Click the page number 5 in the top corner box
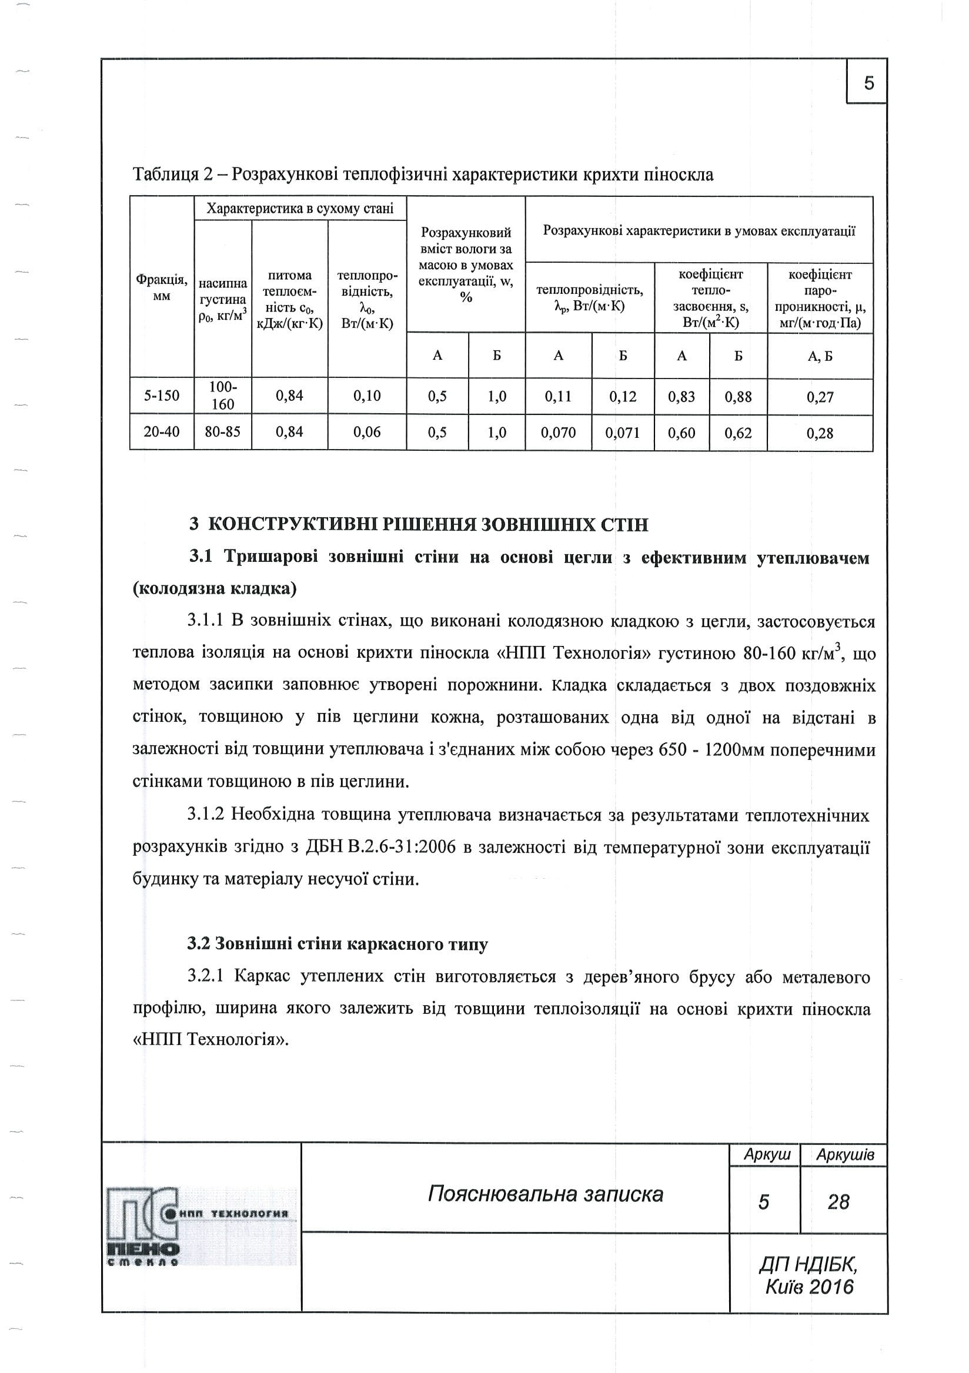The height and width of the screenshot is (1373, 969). click(868, 82)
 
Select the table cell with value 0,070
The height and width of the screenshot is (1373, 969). click(558, 433)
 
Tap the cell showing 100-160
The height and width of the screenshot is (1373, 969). click(222, 396)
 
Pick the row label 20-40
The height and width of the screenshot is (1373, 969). click(162, 432)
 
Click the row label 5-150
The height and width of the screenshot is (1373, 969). click(162, 396)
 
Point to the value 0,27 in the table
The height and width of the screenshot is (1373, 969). click(820, 397)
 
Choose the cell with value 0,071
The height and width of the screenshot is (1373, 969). click(622, 433)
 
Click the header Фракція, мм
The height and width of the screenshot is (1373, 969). click(162, 287)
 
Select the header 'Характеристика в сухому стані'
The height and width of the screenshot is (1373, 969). click(300, 208)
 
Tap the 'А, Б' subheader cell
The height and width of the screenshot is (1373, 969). click(820, 356)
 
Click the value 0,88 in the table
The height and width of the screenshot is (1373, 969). click(738, 397)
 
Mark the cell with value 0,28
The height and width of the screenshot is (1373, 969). click(820, 434)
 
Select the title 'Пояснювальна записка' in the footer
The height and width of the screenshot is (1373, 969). click(546, 1194)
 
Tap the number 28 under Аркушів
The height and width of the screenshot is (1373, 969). click(838, 1202)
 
